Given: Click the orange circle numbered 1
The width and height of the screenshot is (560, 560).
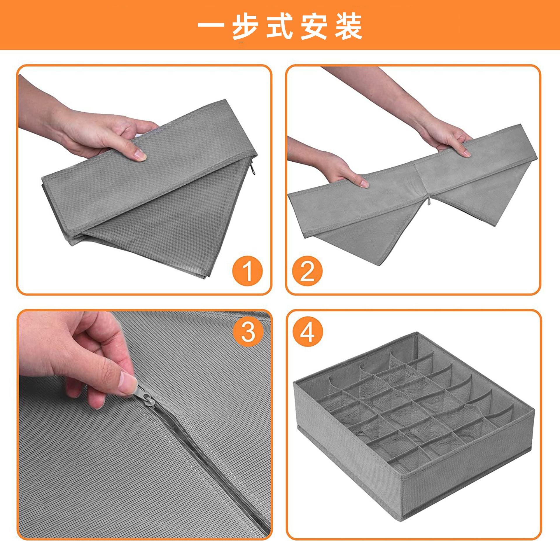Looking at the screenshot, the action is pyautogui.click(x=247, y=272).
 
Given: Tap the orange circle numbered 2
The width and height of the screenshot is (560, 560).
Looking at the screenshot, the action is pyautogui.click(x=307, y=272).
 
